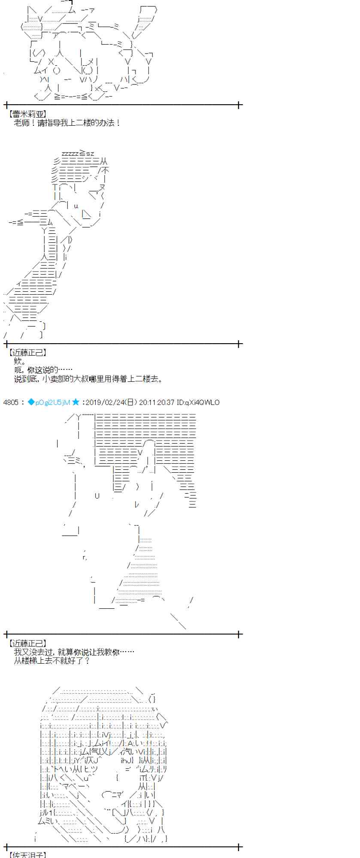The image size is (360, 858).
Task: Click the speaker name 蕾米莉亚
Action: tap(27, 115)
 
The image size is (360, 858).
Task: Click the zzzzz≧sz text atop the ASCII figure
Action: tap(78, 153)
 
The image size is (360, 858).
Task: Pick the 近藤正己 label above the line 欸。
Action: tap(27, 353)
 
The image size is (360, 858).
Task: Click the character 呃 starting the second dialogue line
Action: tap(18, 370)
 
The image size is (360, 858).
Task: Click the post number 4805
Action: tap(11, 402)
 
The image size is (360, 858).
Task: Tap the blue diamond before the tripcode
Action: tap(31, 402)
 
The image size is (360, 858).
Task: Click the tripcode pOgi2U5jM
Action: tap(52, 402)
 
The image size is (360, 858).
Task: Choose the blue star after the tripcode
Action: tap(76, 402)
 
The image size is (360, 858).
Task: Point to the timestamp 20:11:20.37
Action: tap(157, 402)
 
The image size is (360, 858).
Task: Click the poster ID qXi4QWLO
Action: tap(202, 402)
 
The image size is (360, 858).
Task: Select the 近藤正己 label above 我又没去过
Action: tap(27, 643)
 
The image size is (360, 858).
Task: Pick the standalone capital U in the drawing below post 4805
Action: tap(97, 496)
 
